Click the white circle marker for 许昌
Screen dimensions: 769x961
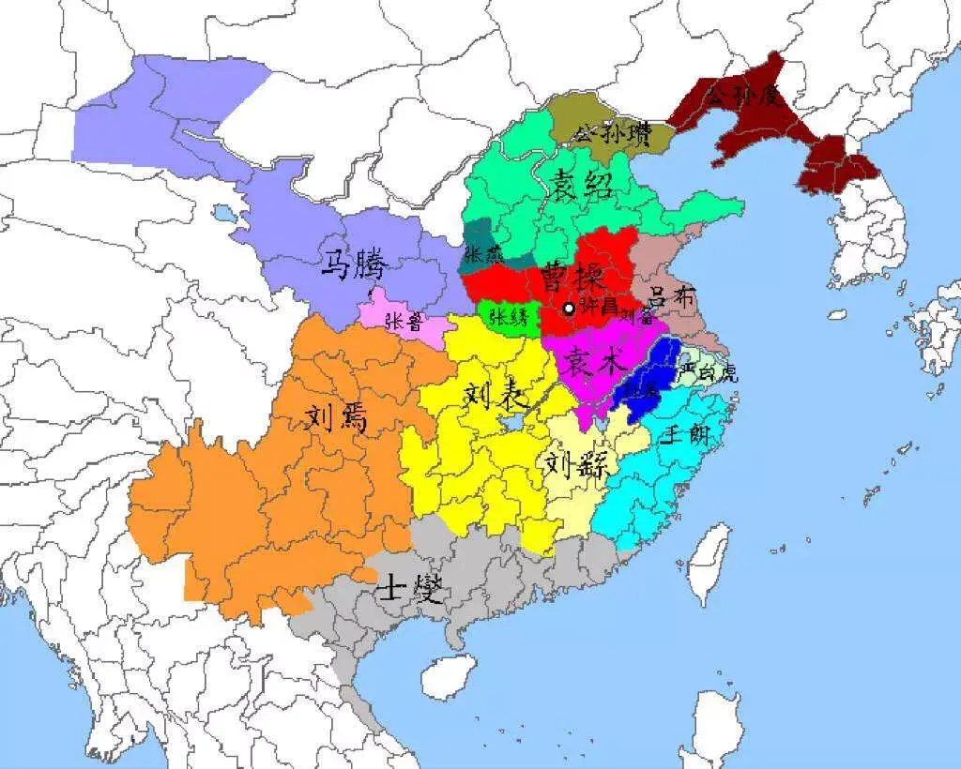(569, 309)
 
